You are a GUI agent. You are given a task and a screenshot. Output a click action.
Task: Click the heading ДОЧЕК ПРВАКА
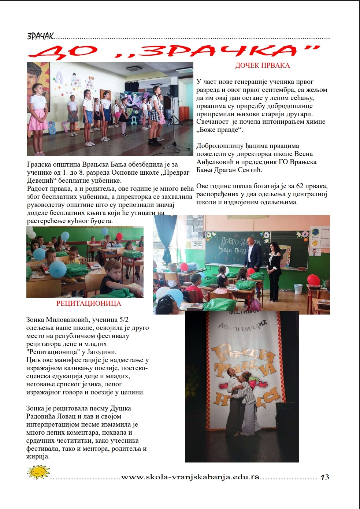pyautogui.click(x=262, y=66)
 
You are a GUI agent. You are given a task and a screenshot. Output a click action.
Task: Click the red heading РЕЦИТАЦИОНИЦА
pyautogui.click(x=89, y=304)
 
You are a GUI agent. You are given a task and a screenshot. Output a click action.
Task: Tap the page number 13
pyautogui.click(x=324, y=477)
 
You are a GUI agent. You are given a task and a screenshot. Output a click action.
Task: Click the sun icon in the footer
pyautogui.click(x=38, y=472)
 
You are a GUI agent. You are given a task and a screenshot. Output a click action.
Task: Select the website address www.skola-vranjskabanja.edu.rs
pyautogui.click(x=190, y=477)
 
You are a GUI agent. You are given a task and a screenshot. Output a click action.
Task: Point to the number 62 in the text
pyautogui.click(x=300, y=186)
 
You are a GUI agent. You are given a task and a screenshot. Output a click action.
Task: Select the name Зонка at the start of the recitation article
pyautogui.click(x=35, y=320)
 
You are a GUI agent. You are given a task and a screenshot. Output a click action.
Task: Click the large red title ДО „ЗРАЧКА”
pyautogui.click(x=174, y=51)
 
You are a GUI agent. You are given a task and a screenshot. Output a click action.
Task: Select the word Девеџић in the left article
pyautogui.click(x=40, y=181)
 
